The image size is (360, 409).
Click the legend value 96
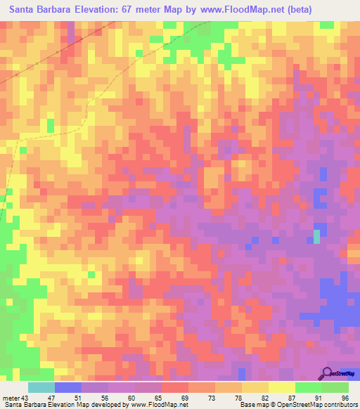[x=345, y=398]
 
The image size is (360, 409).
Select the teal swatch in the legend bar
[x=41, y=387]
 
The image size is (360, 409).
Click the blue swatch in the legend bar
[x=68, y=387]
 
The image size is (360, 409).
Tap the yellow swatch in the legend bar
[x=281, y=387]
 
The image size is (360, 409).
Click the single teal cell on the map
[x=316, y=238]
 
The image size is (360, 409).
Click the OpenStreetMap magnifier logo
[x=327, y=373]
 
